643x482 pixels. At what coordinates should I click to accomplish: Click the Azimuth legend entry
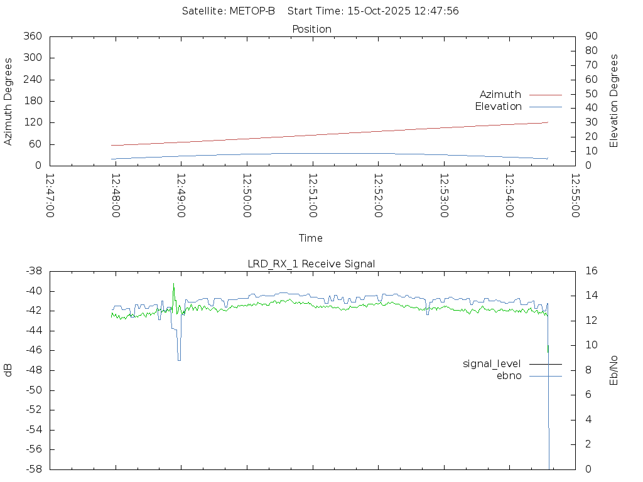coord(500,95)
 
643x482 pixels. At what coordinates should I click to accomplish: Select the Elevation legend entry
coord(498,107)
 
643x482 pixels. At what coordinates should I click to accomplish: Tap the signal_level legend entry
coord(492,364)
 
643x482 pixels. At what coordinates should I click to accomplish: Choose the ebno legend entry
coord(509,376)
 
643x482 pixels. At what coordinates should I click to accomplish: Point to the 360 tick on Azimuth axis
coord(32,36)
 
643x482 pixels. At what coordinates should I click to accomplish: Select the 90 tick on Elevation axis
coord(591,36)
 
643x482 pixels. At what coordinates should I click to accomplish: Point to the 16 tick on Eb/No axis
coord(591,271)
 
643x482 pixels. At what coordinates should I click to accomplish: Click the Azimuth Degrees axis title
coord(9,101)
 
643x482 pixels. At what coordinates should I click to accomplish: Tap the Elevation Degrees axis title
coord(614,101)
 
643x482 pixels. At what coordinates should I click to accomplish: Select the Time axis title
coord(311,238)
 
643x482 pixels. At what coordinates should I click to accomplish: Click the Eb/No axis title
coord(614,370)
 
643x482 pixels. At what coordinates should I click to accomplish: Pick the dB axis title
coord(9,370)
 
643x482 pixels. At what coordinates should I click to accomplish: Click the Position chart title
coord(311,29)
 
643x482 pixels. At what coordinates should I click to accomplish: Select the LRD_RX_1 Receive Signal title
coord(311,264)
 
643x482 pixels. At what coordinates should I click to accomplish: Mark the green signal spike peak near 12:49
coord(174,284)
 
